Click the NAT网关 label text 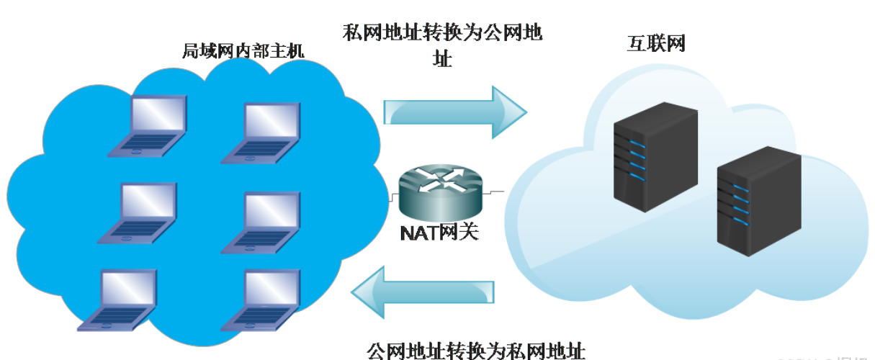(439, 233)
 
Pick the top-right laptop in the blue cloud (263, 132)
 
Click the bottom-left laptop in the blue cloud (120, 299)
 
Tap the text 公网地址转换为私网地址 (476, 351)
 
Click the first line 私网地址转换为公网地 (443, 34)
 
